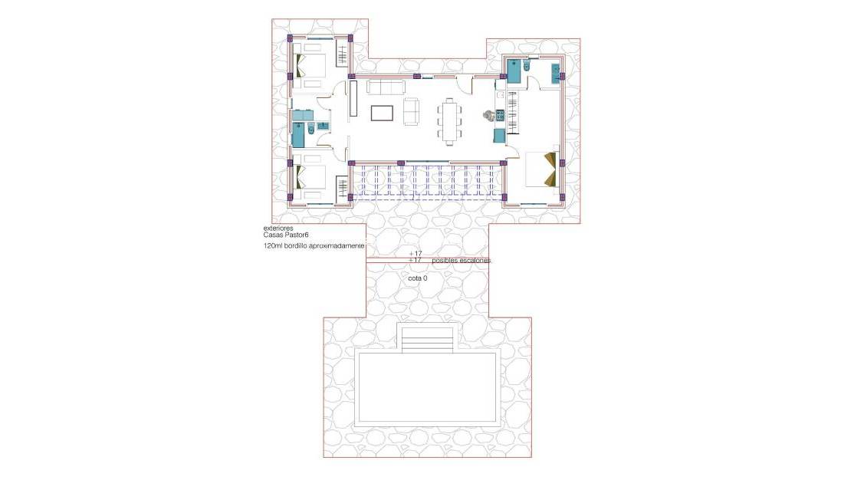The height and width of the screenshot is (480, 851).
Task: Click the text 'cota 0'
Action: pyautogui.click(x=417, y=278)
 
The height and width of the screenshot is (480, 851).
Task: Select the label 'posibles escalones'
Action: pyautogui.click(x=461, y=261)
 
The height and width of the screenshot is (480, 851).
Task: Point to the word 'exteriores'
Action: pyautogui.click(x=278, y=228)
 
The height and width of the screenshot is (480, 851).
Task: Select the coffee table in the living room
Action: pyautogui.click(x=383, y=113)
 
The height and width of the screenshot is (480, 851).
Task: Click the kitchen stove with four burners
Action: pyautogui.click(x=499, y=116)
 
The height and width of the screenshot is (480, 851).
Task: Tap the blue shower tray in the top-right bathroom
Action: pyautogui.click(x=514, y=71)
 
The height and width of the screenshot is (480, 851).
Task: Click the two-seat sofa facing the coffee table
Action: pyautogui.click(x=412, y=112)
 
